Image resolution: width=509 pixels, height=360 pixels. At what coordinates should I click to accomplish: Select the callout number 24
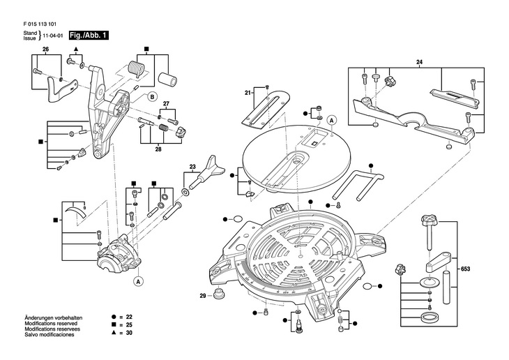(x=420, y=63)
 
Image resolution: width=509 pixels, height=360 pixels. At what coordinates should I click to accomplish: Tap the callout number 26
(x=45, y=49)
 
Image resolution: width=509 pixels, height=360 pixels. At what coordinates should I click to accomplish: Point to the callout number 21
(x=248, y=93)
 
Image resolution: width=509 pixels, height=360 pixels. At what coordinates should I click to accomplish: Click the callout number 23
(x=192, y=167)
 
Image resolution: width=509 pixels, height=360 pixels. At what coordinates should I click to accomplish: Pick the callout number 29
(x=203, y=296)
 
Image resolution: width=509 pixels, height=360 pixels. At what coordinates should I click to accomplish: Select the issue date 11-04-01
(x=54, y=35)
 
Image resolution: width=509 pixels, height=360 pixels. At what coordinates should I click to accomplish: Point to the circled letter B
(x=153, y=97)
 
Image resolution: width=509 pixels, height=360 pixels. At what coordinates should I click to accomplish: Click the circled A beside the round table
(x=332, y=119)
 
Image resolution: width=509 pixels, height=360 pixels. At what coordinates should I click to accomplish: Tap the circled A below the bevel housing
(x=138, y=281)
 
